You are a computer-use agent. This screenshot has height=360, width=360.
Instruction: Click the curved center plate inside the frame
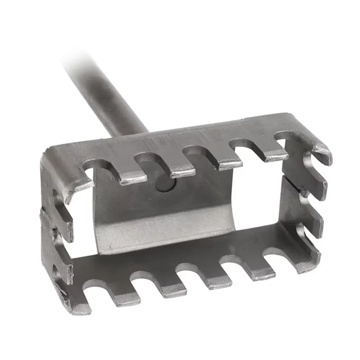point(166,216)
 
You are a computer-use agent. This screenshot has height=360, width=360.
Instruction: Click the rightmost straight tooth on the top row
point(272,153)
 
